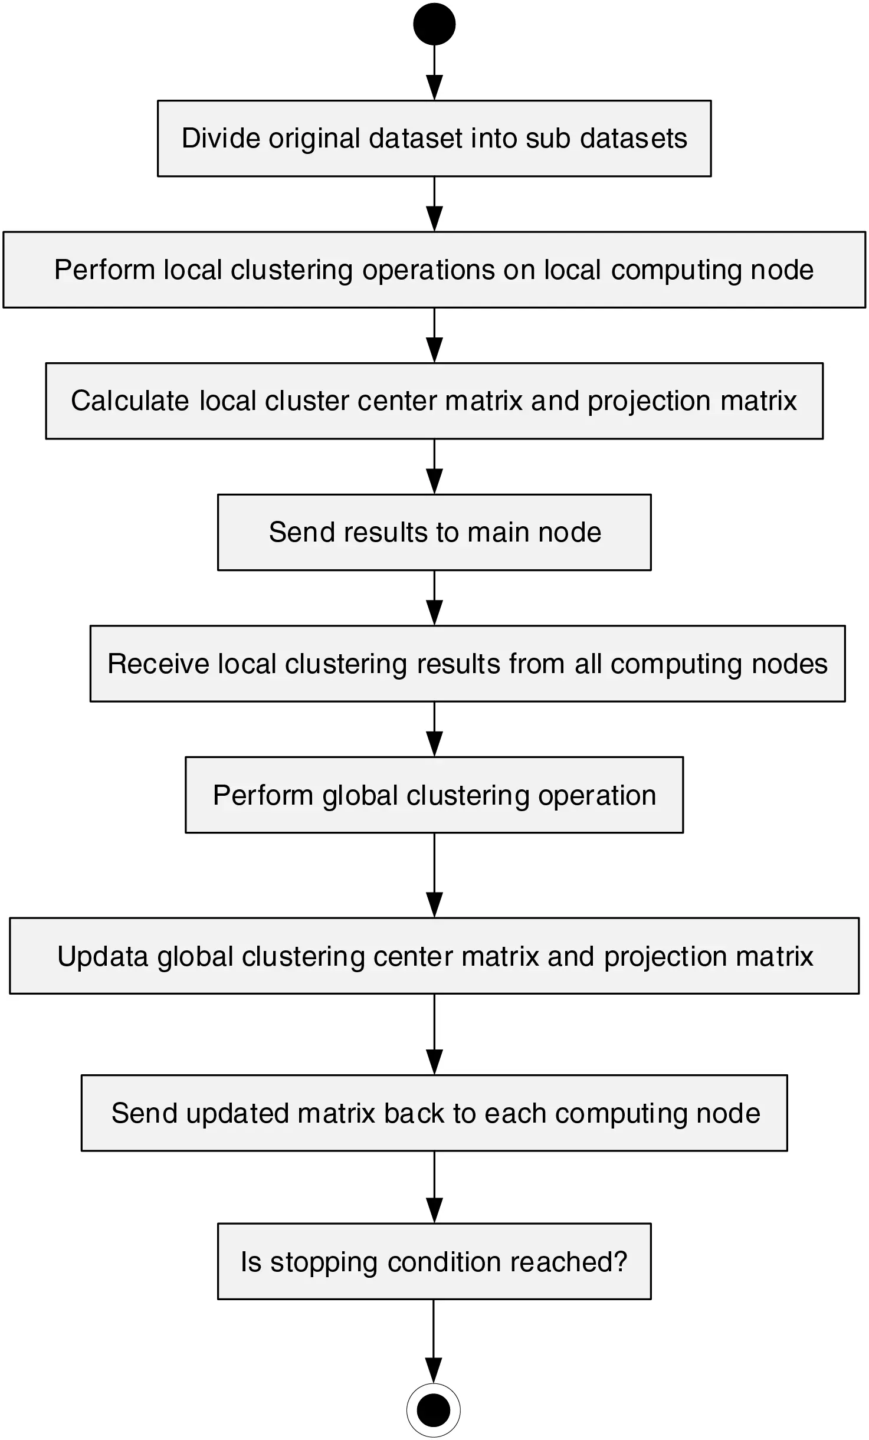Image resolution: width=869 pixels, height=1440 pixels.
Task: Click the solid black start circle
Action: (x=434, y=24)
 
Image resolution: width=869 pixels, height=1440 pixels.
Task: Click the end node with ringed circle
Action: (x=434, y=1410)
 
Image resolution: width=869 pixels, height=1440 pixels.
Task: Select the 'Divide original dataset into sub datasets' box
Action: (x=434, y=139)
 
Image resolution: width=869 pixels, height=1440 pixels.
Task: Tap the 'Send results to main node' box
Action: (x=434, y=532)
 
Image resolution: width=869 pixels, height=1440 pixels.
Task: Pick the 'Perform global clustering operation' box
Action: (x=434, y=795)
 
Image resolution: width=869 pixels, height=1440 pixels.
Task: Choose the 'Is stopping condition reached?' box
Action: (x=434, y=1262)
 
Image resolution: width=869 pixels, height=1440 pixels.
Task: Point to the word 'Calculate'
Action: (x=130, y=401)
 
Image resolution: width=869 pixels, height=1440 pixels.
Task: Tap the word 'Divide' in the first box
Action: (x=221, y=139)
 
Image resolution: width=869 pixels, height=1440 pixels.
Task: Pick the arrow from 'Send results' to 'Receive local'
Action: (x=434, y=598)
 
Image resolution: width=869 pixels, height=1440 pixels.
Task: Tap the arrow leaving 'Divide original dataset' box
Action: (x=434, y=204)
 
